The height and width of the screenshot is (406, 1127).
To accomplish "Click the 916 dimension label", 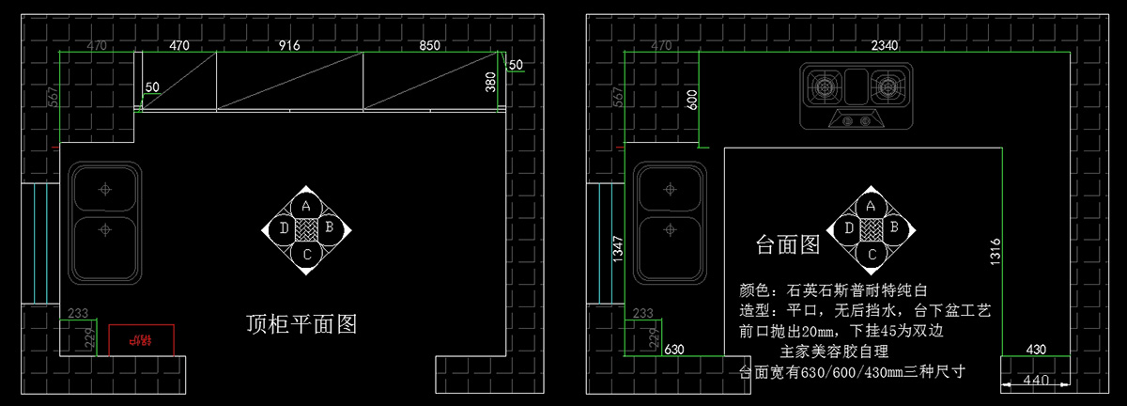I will pos(288,44).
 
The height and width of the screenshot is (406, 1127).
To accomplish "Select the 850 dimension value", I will pos(429,44).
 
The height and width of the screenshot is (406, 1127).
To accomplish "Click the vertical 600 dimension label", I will pos(693,101).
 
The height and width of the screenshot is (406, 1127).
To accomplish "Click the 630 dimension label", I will pos(674,350).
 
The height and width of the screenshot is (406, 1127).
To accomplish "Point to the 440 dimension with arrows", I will pos(1035,382).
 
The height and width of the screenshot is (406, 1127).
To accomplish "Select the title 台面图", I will pos(788,244).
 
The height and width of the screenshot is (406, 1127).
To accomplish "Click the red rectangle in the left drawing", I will pos(142,339).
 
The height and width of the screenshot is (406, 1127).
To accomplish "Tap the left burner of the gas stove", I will pos(825,89).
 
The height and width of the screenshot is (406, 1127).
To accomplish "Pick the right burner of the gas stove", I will pos(886,89).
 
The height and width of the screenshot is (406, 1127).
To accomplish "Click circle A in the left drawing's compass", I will pos(306,206).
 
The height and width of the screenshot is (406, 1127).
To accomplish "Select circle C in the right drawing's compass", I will pos(871,253).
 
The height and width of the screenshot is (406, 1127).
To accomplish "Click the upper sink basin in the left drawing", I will pos(105,189).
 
